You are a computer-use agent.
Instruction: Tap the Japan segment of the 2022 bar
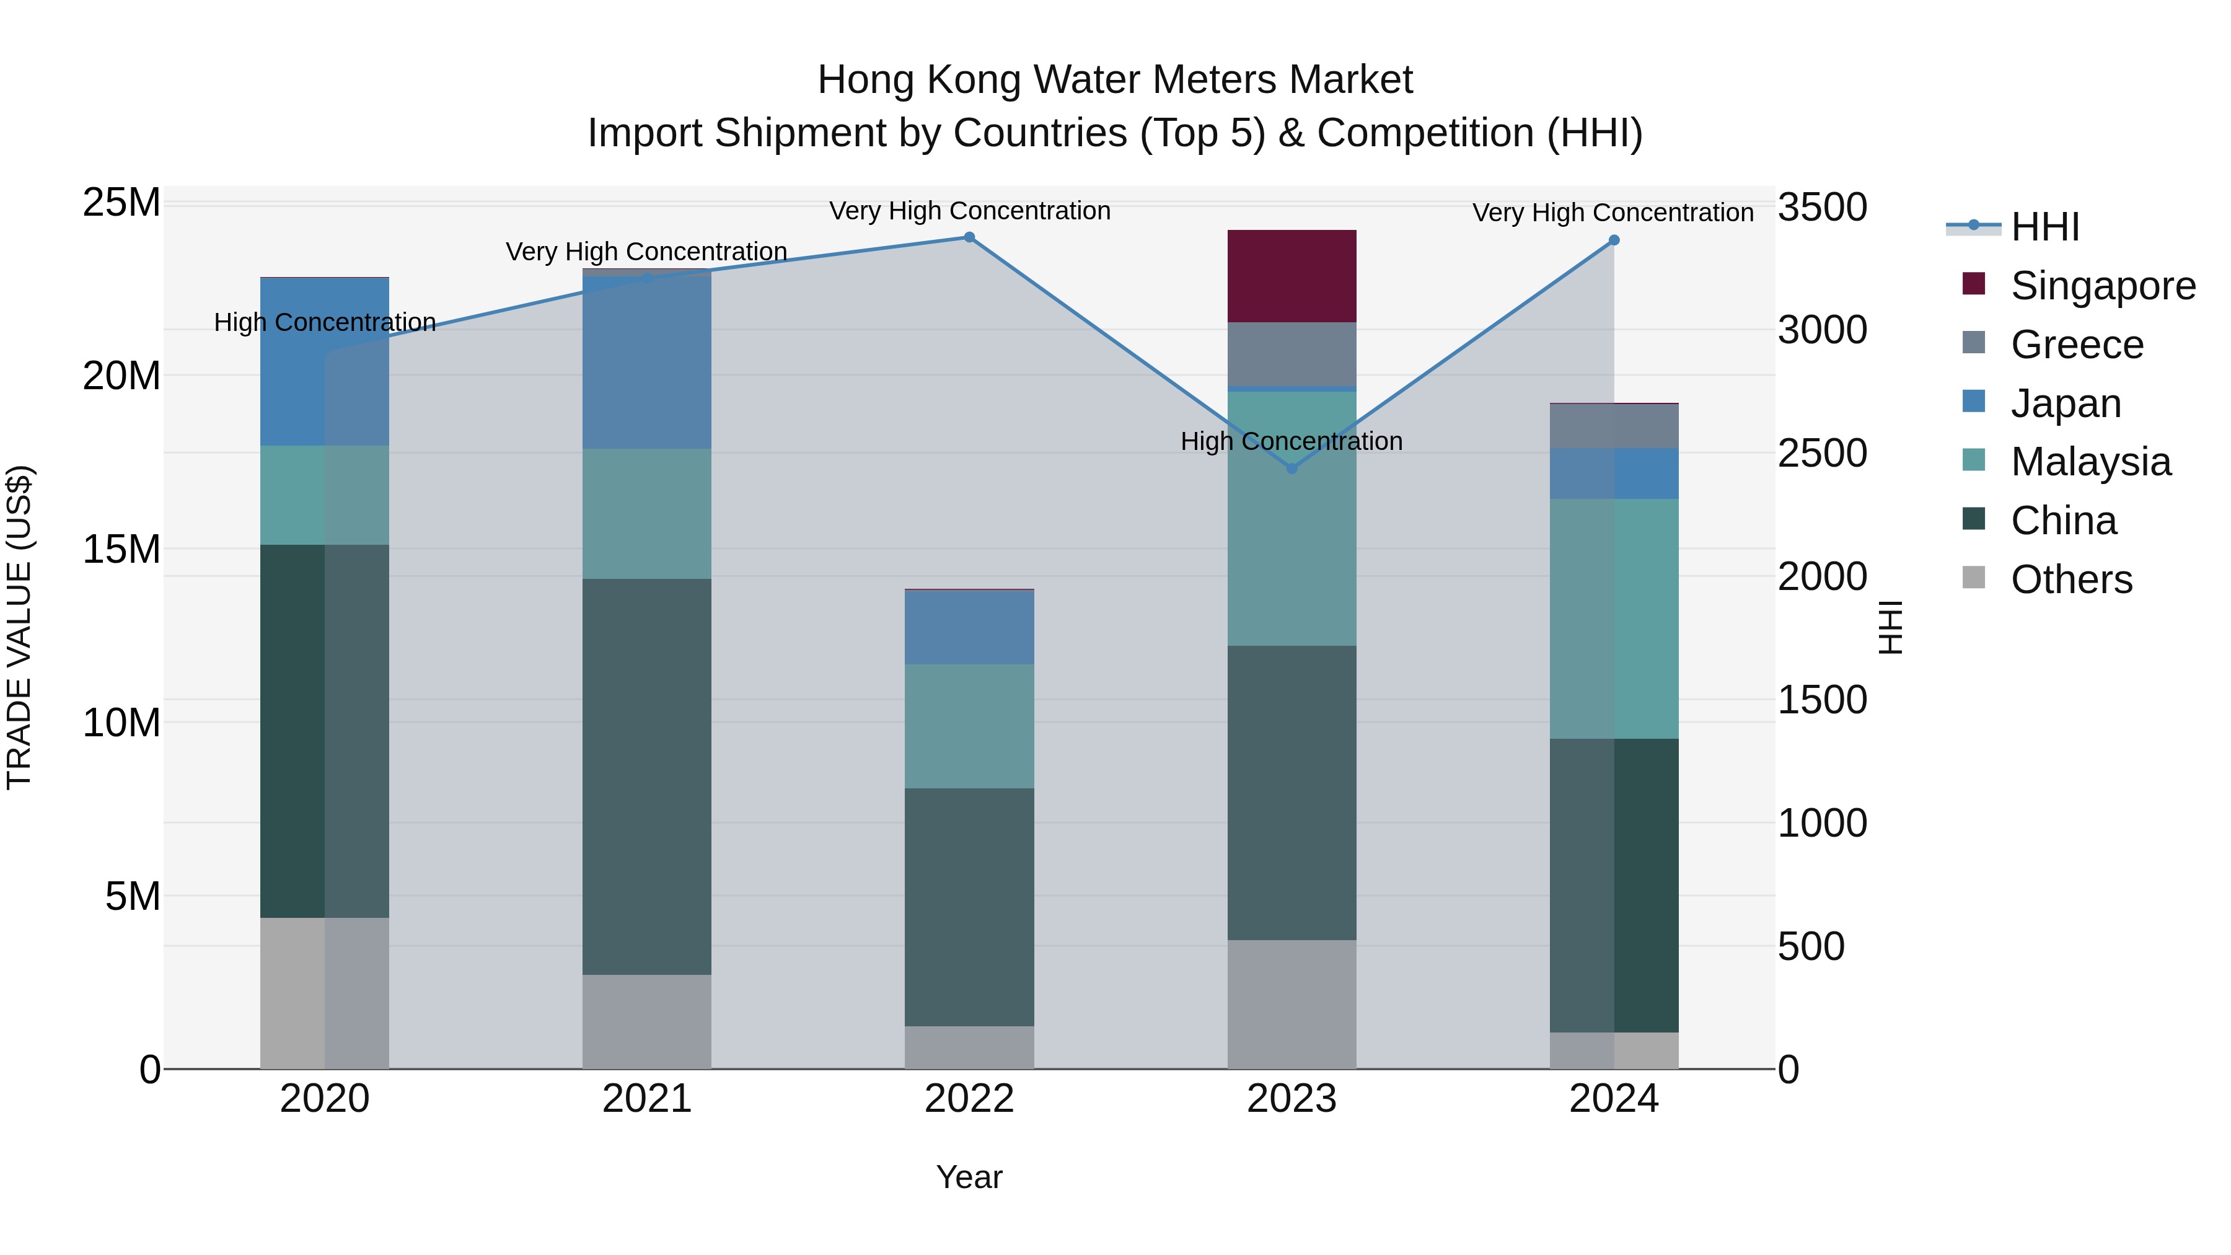pyautogui.click(x=969, y=627)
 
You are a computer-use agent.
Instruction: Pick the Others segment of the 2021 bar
pyautogui.click(x=646, y=1021)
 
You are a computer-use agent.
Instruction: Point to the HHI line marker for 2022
pyautogui.click(x=969, y=237)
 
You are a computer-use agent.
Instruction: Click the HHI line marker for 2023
pyautogui.click(x=1292, y=469)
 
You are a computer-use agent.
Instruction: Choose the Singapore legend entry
pyautogui.click(x=2102, y=286)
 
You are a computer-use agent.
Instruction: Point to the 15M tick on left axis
pyautogui.click(x=121, y=549)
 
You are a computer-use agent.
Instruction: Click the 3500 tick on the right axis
pyautogui.click(x=1822, y=207)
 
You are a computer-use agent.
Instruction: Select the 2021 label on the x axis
pyautogui.click(x=646, y=1099)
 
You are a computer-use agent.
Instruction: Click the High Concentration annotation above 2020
pyautogui.click(x=325, y=322)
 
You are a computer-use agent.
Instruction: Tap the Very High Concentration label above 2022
pyautogui.click(x=969, y=211)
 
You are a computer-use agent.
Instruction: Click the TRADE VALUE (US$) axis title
pyautogui.click(x=19, y=627)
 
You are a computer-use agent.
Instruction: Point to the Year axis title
pyautogui.click(x=969, y=1177)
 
